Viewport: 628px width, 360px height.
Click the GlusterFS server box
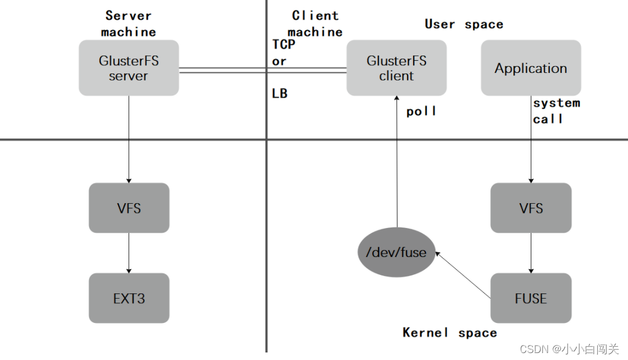(x=128, y=68)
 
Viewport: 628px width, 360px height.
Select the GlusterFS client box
(x=396, y=68)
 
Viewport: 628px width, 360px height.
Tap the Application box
(x=531, y=68)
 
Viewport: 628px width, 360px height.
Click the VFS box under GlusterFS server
(x=129, y=208)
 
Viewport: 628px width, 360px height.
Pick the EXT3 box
(x=129, y=298)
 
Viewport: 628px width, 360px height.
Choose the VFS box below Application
(x=531, y=208)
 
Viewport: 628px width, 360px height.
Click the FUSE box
(x=531, y=298)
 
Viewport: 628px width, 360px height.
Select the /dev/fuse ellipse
(x=396, y=252)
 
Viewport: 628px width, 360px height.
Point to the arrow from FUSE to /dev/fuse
(x=463, y=275)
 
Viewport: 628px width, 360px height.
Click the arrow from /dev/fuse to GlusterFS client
(x=397, y=161)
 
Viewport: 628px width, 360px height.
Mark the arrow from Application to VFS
(x=531, y=139)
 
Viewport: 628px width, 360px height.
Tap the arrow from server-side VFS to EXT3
(x=129, y=253)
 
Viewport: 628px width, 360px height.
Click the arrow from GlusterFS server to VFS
(x=129, y=139)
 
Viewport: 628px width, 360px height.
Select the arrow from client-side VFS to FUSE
(x=531, y=253)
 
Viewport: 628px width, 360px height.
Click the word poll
(x=421, y=111)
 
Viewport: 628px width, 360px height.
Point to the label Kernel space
(x=450, y=332)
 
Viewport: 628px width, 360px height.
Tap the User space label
(x=464, y=24)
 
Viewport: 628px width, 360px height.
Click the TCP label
(x=284, y=44)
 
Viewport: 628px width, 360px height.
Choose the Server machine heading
(x=128, y=24)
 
